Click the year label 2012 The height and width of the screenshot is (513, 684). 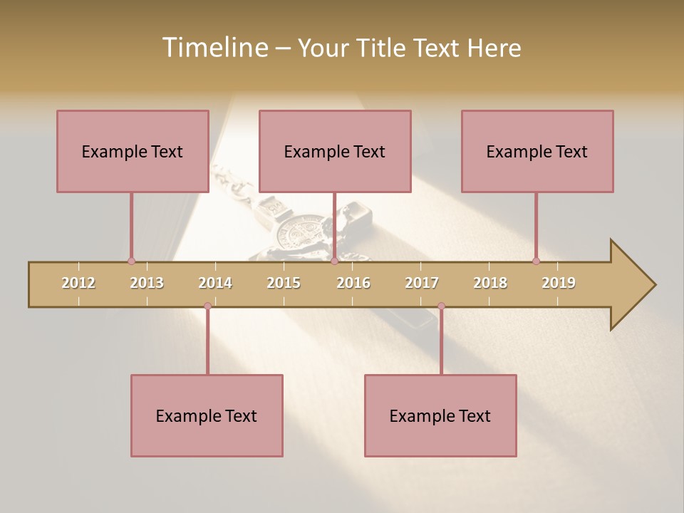[78, 283]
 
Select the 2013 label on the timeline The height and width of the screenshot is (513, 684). [147, 283]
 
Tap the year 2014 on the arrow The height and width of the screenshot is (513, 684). [215, 283]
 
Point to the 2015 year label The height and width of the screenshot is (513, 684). [284, 283]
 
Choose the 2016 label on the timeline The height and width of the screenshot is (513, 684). [353, 283]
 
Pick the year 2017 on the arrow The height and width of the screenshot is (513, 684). [422, 283]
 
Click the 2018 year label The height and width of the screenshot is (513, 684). [490, 283]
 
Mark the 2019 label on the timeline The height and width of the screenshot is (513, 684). [559, 283]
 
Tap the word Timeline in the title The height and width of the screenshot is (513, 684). [214, 48]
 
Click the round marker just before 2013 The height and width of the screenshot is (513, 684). [131, 261]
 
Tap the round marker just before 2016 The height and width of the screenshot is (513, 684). [334, 261]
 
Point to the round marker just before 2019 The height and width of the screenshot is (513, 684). [536, 261]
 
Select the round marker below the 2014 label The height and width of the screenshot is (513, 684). [207, 306]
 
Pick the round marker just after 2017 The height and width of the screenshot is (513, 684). [441, 306]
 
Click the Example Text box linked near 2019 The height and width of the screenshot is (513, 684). [537, 151]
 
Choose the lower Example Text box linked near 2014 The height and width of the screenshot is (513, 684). [207, 415]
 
